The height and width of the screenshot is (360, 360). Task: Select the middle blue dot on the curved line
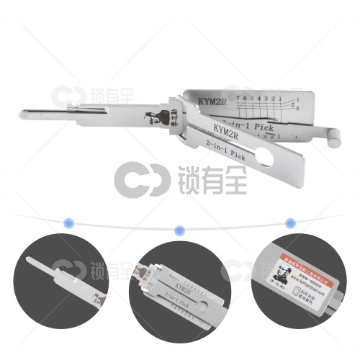click(180, 230)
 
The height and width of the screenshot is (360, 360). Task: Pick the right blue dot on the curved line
click(290, 222)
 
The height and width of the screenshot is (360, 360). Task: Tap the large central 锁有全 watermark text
click(210, 178)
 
